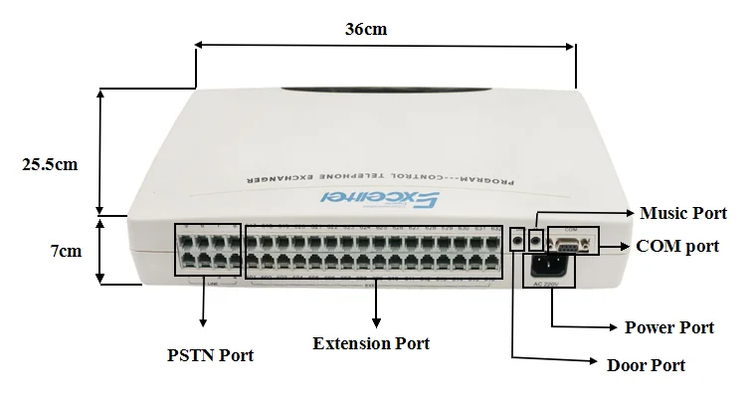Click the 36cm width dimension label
[366, 29]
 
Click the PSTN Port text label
[209, 354]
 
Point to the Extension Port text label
[371, 343]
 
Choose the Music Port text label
[682, 213]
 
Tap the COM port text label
[676, 246]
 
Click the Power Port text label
[668, 327]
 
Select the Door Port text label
[646, 365]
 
